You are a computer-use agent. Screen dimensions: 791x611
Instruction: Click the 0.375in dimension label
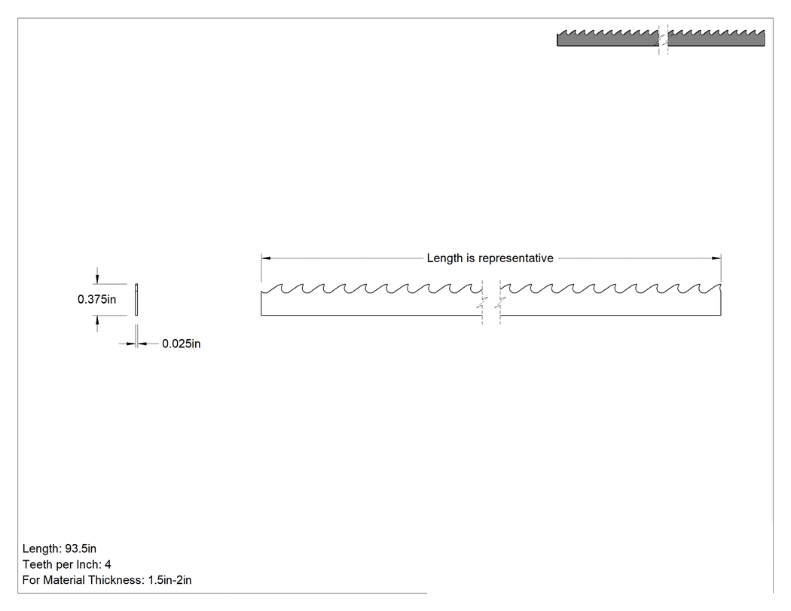coord(97,299)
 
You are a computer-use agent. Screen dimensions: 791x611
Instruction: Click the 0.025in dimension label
coord(181,344)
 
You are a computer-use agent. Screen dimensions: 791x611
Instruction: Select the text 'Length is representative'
coord(490,258)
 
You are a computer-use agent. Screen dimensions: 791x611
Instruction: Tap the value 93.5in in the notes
coord(81,548)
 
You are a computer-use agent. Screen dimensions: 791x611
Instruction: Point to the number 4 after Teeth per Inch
coord(108,564)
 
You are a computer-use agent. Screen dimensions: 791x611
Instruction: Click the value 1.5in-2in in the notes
coord(170,580)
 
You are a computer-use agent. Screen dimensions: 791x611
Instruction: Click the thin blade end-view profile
coord(136,300)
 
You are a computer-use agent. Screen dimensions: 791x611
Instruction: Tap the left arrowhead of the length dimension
coord(266,258)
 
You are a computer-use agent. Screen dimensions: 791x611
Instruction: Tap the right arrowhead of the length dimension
coord(716,258)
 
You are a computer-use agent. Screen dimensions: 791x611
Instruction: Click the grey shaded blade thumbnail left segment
coord(607,39)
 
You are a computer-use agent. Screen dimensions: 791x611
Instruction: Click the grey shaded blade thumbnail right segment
coord(716,39)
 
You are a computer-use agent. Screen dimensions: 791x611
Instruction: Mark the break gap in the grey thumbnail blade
coord(664,39)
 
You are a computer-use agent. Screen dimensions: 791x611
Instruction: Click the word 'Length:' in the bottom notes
coord(42,548)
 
